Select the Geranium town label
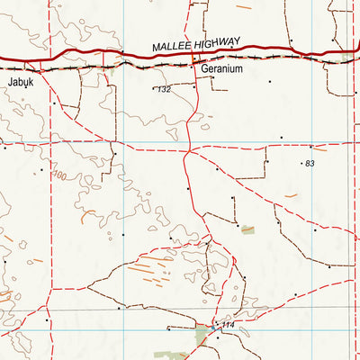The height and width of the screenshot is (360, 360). [222, 68]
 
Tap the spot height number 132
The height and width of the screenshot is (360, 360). [164, 90]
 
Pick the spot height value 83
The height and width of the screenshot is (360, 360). [310, 163]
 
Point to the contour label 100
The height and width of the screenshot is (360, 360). [60, 175]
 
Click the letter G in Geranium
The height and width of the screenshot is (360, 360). [204, 68]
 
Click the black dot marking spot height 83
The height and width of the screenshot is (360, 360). [301, 163]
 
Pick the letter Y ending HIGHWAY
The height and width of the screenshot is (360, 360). [238, 40]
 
